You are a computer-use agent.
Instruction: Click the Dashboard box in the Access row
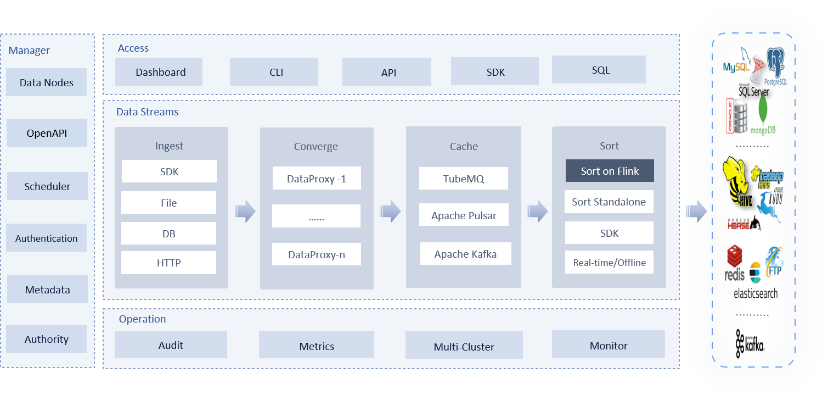tap(160, 72)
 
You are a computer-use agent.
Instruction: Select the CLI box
tap(274, 72)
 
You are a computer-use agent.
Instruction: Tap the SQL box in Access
tap(599, 70)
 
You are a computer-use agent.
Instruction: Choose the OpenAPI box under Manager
tap(47, 133)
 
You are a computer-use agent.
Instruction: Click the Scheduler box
tap(47, 186)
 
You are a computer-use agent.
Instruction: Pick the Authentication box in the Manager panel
tap(47, 238)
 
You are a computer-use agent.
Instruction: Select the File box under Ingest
tap(168, 203)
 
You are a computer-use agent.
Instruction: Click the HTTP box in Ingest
tap(168, 263)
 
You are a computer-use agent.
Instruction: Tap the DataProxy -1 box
tap(317, 179)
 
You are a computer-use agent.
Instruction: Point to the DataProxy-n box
tap(317, 254)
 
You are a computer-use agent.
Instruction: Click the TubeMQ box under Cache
tap(464, 179)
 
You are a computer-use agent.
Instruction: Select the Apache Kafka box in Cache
tap(465, 254)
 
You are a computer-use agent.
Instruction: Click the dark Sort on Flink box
tap(610, 171)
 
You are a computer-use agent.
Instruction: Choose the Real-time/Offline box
tap(609, 263)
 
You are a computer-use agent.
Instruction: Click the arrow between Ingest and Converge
tap(245, 212)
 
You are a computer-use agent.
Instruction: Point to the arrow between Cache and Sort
tap(537, 212)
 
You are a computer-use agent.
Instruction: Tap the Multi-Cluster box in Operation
tap(464, 347)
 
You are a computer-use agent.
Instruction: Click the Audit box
tap(171, 345)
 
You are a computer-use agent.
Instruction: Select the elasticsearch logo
tap(756, 288)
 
